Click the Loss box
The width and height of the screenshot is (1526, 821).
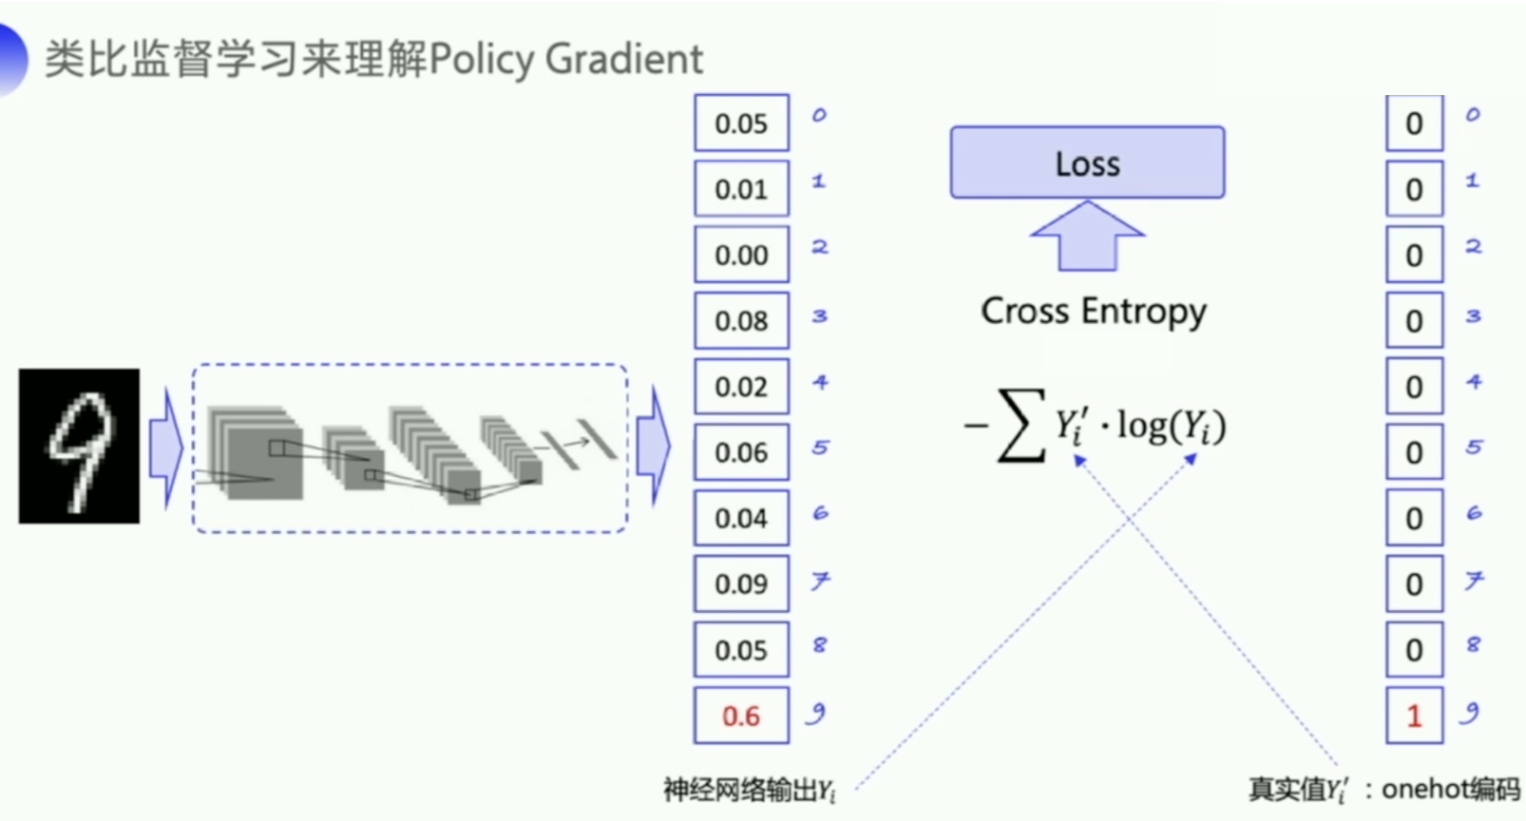point(1087,162)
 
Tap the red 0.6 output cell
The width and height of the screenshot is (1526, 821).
point(741,715)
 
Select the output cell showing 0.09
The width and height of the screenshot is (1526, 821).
point(741,583)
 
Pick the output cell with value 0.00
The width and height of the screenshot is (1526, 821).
point(741,255)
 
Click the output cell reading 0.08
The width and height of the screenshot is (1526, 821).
point(741,320)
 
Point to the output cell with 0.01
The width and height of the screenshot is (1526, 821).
point(741,189)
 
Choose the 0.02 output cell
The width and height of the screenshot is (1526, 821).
point(741,387)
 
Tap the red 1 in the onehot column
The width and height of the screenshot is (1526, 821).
point(1414,715)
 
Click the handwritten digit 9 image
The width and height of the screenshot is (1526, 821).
point(79,446)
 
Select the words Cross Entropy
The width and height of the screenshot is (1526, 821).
point(1094,311)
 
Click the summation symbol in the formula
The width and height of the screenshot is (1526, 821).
point(1021,426)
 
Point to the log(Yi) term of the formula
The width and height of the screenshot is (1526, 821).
point(1171,426)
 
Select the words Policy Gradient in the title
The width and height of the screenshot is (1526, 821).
point(566,59)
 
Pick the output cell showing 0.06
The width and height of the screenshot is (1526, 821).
point(741,452)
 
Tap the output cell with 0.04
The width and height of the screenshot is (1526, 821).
point(741,518)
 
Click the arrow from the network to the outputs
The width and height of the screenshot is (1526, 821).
point(653,447)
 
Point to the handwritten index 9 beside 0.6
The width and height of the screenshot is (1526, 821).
point(816,714)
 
